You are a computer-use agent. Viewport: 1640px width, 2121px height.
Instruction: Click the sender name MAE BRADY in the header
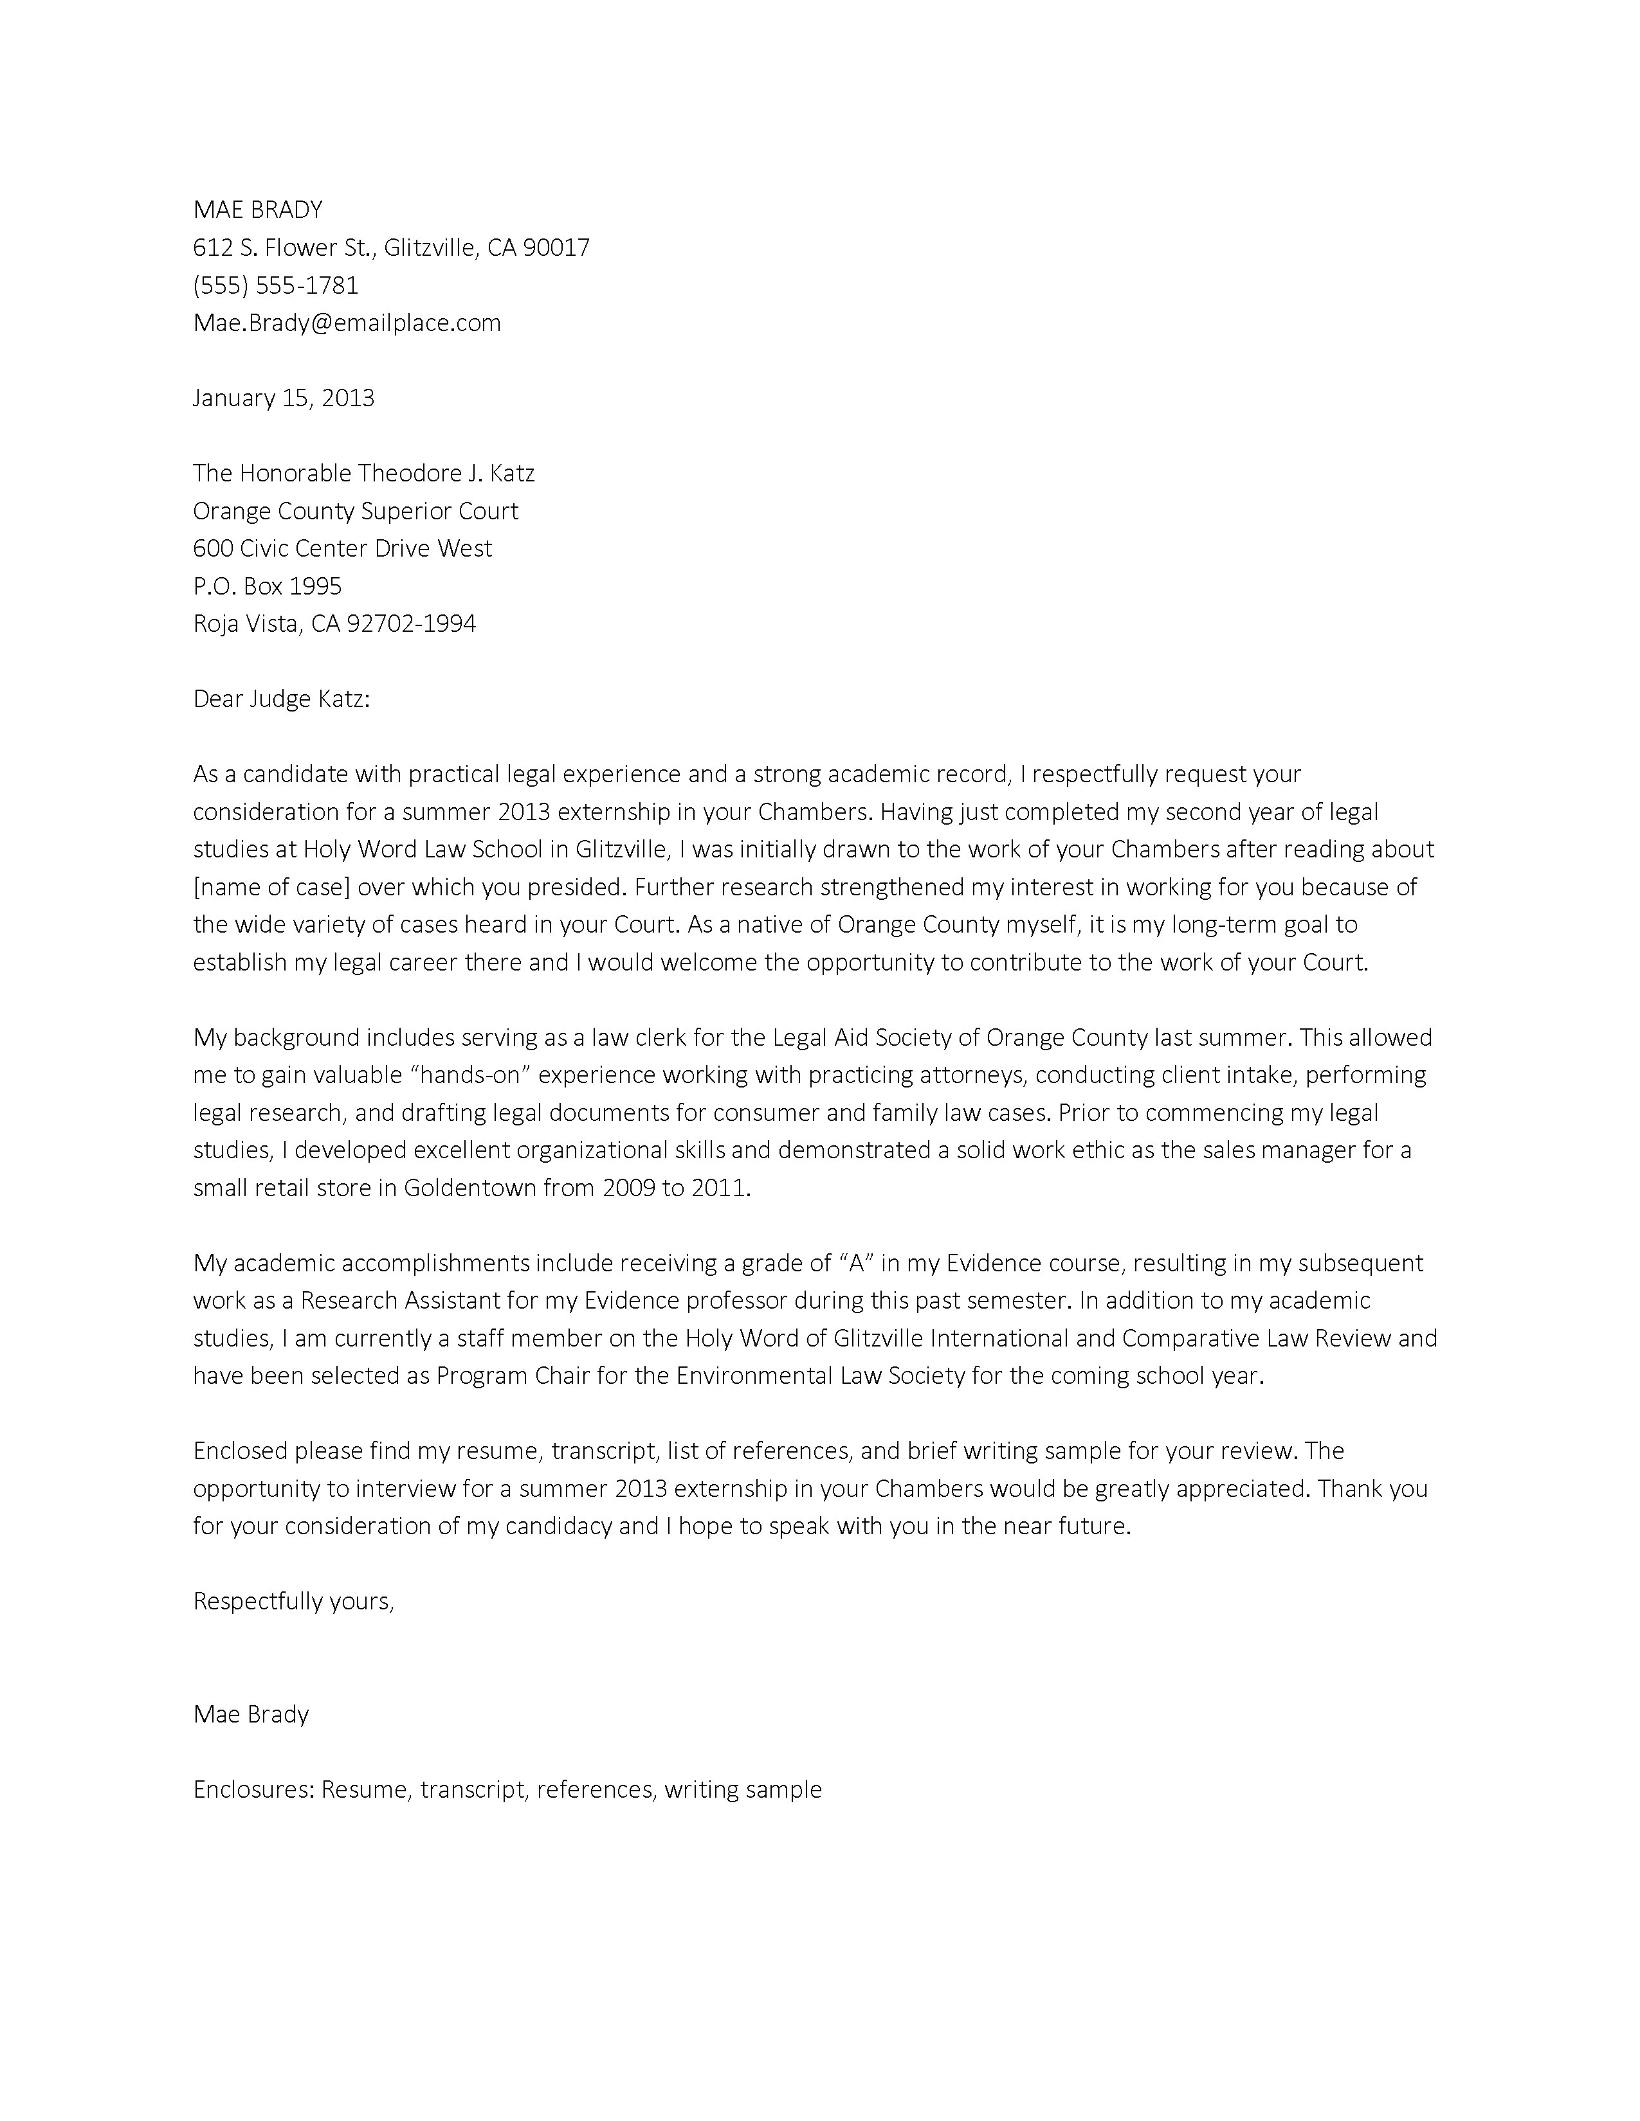point(257,210)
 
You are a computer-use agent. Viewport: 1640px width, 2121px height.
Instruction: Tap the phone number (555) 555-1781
point(276,285)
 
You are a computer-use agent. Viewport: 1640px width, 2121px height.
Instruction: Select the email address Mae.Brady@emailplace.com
point(347,323)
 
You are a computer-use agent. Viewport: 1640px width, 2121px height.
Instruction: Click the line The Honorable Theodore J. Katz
point(363,473)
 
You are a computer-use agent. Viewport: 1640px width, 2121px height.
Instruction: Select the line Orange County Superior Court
point(356,511)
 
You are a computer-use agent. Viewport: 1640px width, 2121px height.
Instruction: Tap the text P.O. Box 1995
point(267,586)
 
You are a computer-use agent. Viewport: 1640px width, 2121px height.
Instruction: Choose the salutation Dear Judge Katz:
point(282,699)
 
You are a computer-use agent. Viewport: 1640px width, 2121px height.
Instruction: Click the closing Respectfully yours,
point(293,1602)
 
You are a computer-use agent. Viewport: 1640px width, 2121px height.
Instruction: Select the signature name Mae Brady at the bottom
point(251,1714)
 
